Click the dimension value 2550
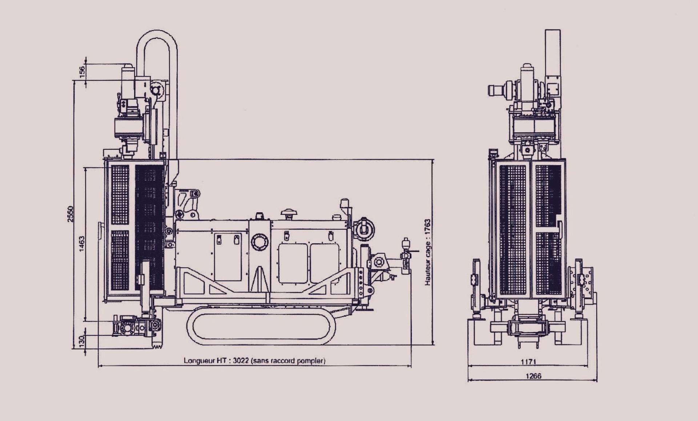click(x=71, y=214)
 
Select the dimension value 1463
click(x=82, y=244)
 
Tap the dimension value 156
click(x=82, y=71)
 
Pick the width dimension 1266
click(x=533, y=376)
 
